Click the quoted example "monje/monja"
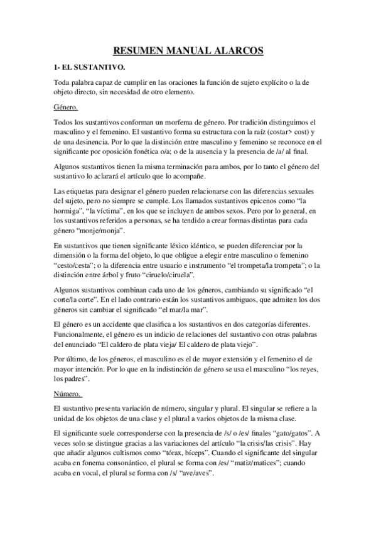click(103, 231)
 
